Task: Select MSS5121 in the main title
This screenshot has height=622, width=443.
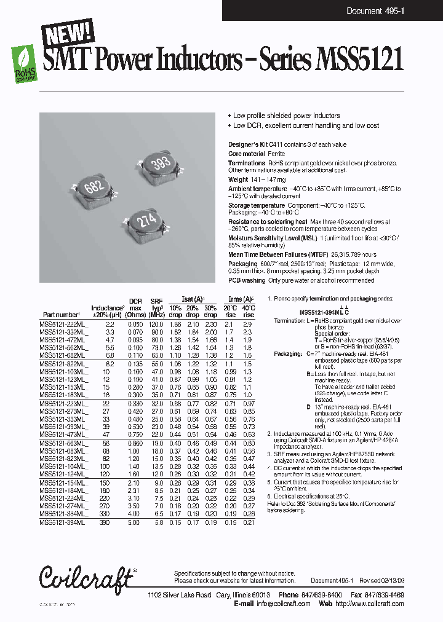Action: pyautogui.click(x=359, y=61)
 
